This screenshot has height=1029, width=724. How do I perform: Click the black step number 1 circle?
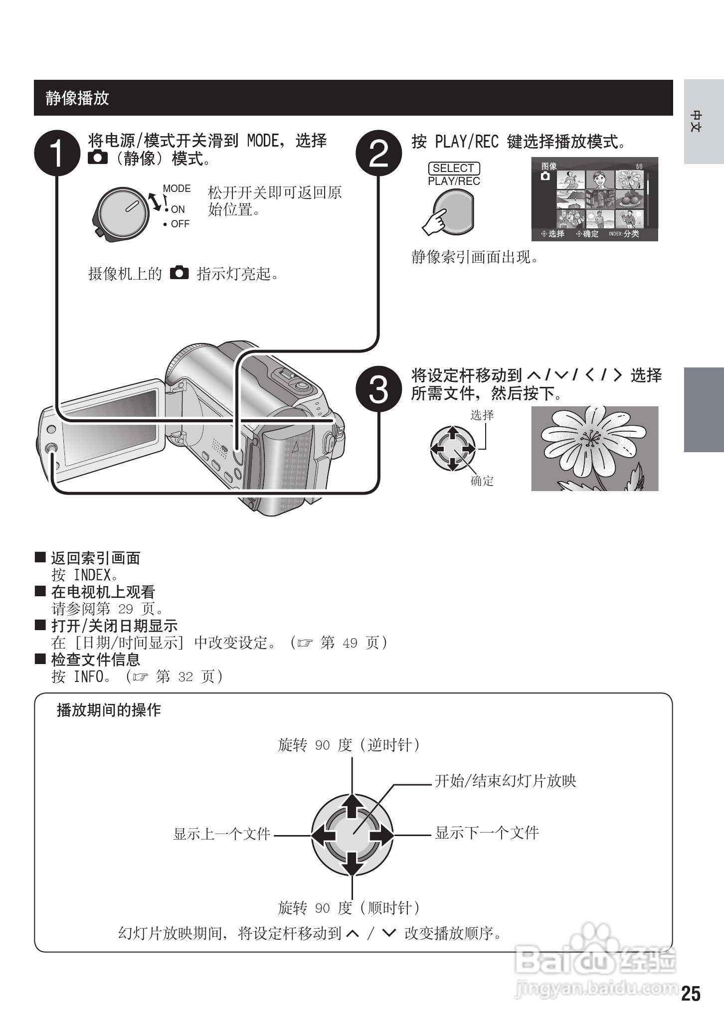pos(57,154)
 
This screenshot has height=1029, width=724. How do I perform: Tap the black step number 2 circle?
pos(379,154)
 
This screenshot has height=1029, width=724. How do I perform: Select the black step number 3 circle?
pos(379,390)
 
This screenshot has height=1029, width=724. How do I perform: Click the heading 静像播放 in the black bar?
pos(77,98)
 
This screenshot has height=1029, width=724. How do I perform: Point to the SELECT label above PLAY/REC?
pos(453,168)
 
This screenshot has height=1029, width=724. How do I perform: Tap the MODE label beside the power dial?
pos(177,188)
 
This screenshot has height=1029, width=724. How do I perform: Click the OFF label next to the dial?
pos(180,224)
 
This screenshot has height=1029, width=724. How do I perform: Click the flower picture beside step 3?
pos(594,448)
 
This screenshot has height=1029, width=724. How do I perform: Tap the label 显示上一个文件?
pos(221,834)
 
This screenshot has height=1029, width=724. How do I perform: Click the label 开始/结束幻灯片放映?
pos(505,781)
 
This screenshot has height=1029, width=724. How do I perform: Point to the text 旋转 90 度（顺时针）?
pos(349,907)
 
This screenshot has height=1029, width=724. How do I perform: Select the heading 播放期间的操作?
pos(109,710)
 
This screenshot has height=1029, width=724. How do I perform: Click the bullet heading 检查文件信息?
pos(96,660)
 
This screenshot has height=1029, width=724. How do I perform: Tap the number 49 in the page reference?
pos(350,643)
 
